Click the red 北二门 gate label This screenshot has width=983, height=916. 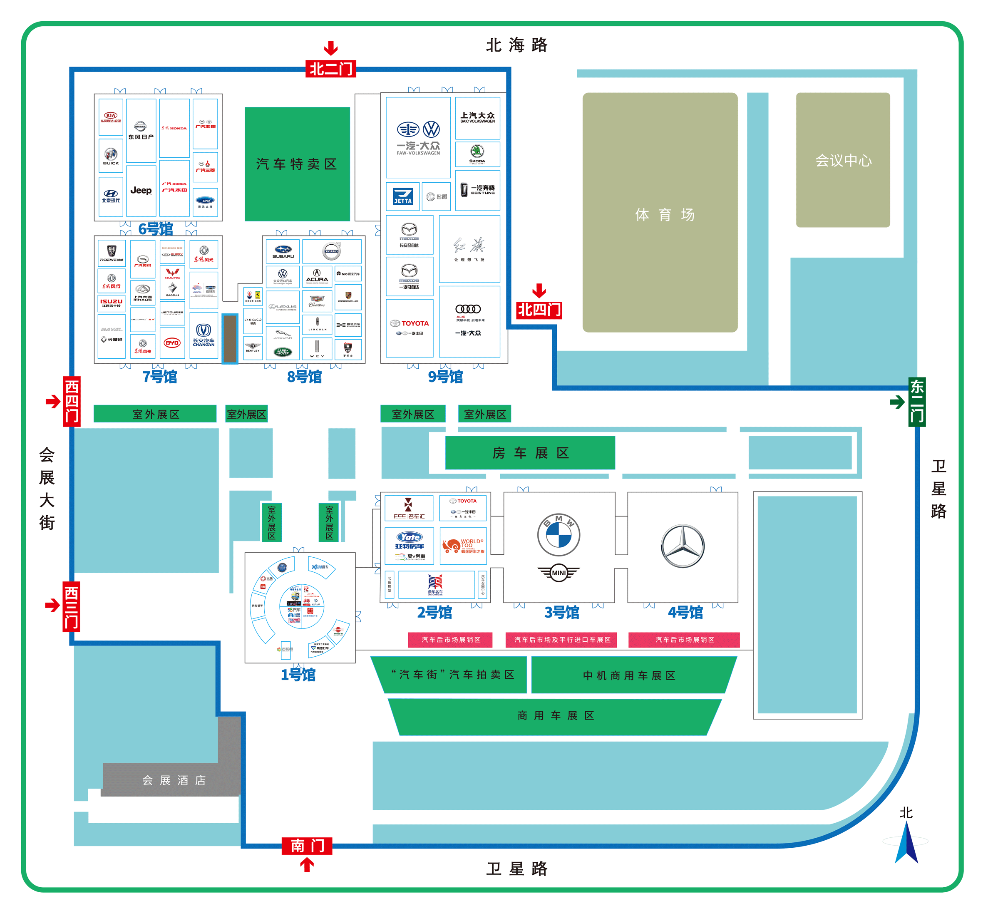click(331, 69)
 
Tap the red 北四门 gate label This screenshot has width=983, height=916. click(539, 310)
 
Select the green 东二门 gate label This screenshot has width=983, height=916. click(917, 402)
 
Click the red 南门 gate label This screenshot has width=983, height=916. click(307, 846)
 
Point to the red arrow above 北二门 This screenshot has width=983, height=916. click(331, 48)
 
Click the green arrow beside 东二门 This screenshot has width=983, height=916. click(897, 402)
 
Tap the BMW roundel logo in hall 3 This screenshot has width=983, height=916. click(559, 535)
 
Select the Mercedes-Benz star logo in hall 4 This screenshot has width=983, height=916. click(683, 546)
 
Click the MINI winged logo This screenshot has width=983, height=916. click(559, 573)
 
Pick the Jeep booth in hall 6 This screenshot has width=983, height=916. click(141, 191)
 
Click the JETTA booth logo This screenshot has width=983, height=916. click(402, 196)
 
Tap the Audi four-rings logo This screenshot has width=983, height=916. click(468, 309)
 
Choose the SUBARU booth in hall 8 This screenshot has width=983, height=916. click(283, 252)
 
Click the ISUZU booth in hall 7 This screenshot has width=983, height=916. click(111, 303)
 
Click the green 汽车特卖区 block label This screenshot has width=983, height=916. click(297, 164)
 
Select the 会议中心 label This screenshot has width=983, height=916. click(843, 160)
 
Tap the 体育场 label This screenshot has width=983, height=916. click(665, 215)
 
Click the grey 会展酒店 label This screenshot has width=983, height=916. click(174, 780)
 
